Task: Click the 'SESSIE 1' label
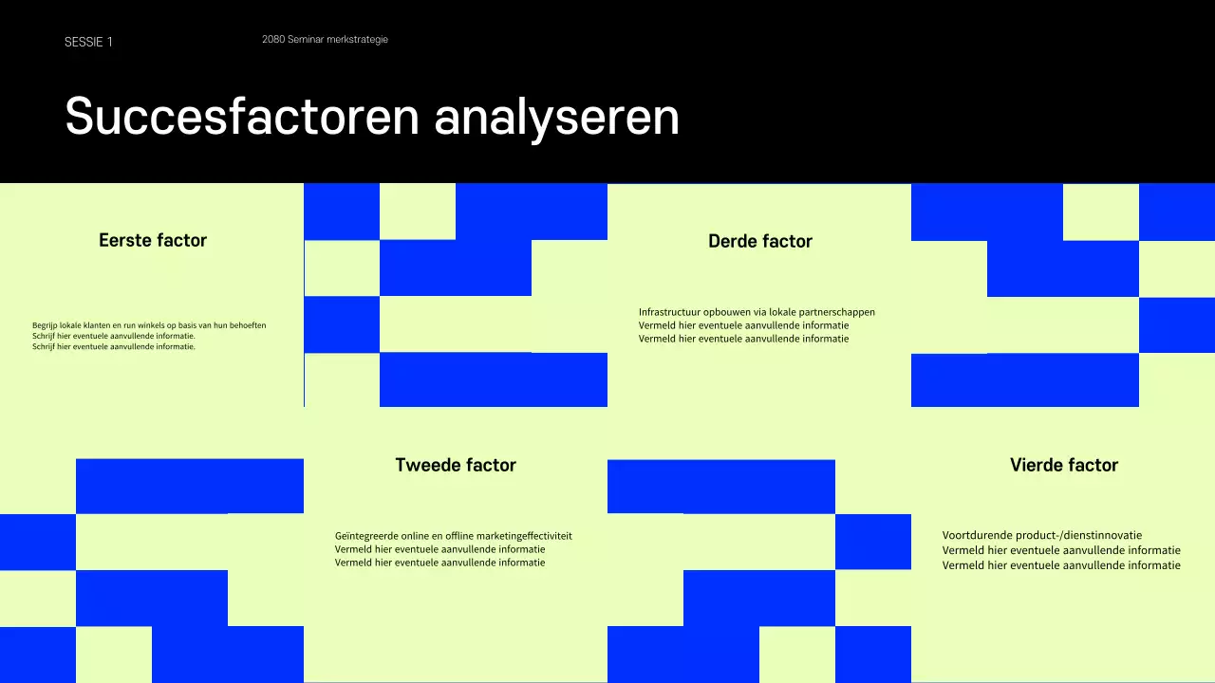(x=88, y=42)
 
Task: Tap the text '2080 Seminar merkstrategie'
(x=325, y=40)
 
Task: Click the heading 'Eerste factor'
(x=153, y=240)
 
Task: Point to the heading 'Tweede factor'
(x=456, y=465)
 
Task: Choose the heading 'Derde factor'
(x=760, y=241)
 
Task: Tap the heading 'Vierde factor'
(x=1064, y=465)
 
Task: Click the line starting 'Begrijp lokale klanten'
(x=149, y=325)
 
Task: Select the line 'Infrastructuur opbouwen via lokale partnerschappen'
(x=757, y=312)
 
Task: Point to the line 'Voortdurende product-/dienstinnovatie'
(x=1042, y=535)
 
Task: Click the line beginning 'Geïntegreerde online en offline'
(x=453, y=536)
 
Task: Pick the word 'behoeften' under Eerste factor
(x=246, y=325)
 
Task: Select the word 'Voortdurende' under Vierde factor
(x=973, y=535)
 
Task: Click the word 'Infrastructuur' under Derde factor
(x=669, y=312)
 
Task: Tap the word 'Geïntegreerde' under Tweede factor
(x=364, y=536)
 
